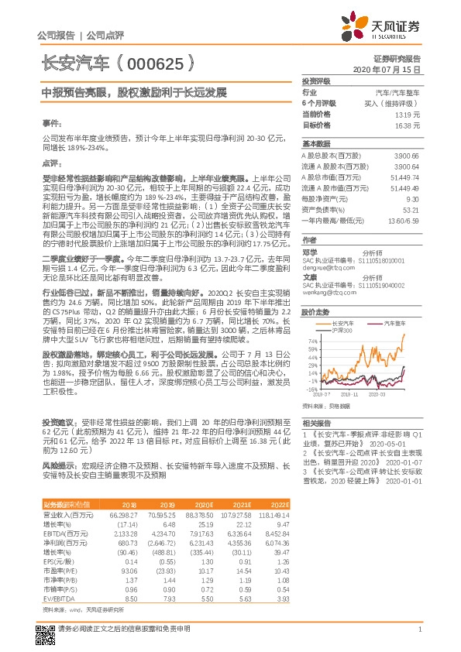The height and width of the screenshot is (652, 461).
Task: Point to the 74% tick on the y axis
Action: click(312, 340)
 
